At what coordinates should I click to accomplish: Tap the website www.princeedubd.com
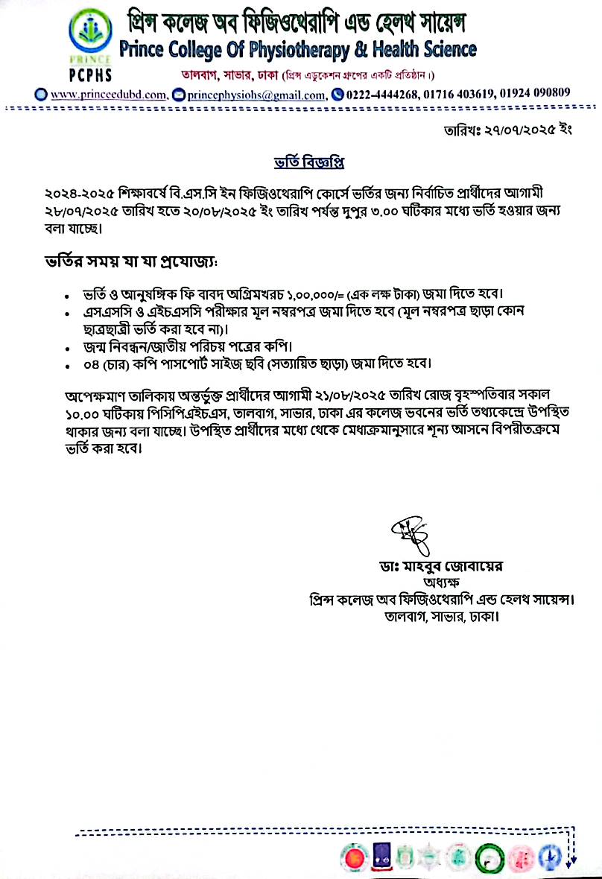(x=109, y=95)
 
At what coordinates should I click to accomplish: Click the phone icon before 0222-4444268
(x=338, y=94)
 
